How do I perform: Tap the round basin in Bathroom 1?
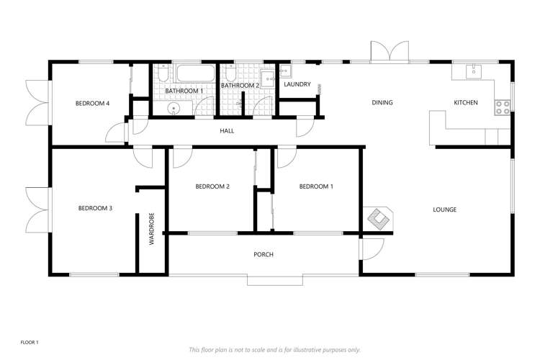[174, 109]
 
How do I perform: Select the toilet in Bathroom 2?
[230, 74]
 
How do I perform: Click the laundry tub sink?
[286, 71]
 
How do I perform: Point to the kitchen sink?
[473, 71]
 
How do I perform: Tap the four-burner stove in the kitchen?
[503, 107]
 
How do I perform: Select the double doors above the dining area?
[390, 53]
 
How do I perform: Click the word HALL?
[227, 131]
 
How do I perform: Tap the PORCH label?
[263, 255]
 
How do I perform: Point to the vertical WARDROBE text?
[152, 230]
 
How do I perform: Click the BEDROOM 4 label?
[92, 104]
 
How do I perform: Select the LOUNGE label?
[444, 210]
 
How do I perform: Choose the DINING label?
[382, 103]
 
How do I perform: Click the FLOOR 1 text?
[29, 342]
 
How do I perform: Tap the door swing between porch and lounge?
[371, 249]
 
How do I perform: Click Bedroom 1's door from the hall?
[286, 156]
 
